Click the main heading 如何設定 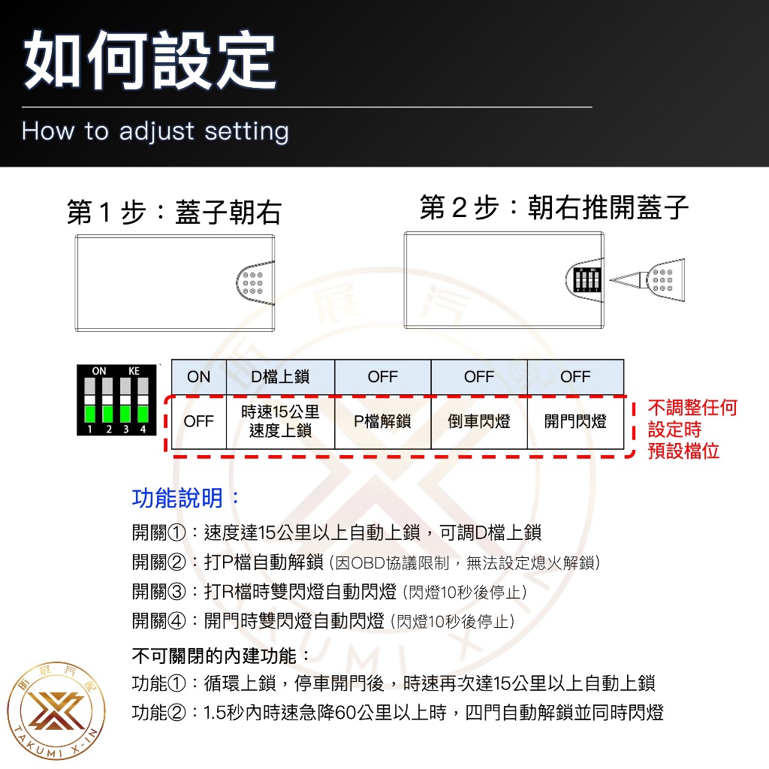[150, 62]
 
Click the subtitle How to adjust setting [155, 131]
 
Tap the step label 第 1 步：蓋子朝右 [173, 213]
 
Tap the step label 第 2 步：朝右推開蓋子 [554, 207]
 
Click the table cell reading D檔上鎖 [280, 377]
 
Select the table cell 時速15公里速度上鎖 [280, 421]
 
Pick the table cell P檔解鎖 [382, 421]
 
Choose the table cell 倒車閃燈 [479, 421]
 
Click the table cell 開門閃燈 [575, 421]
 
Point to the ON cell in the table [199, 377]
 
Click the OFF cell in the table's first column [199, 421]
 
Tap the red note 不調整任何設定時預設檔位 [692, 430]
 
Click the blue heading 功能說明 [186, 498]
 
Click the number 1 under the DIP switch [89, 430]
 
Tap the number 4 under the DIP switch [142, 430]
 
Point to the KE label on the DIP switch [134, 371]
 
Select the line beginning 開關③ [330, 592]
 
